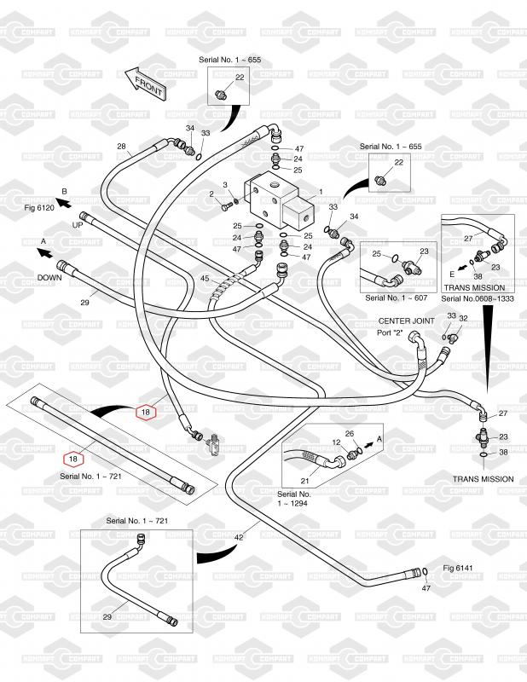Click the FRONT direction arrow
point(146,85)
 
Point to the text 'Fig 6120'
point(37,207)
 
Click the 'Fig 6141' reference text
point(458,567)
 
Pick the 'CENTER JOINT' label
point(407,321)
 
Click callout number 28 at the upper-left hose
point(121,146)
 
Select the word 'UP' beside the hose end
point(78,226)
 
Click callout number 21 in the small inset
point(305,482)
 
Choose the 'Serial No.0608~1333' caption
point(477,299)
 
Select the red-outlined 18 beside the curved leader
point(146,412)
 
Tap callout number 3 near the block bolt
point(225,185)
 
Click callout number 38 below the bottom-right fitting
point(503,453)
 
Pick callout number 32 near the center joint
point(464,317)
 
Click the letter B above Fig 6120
point(63,191)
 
